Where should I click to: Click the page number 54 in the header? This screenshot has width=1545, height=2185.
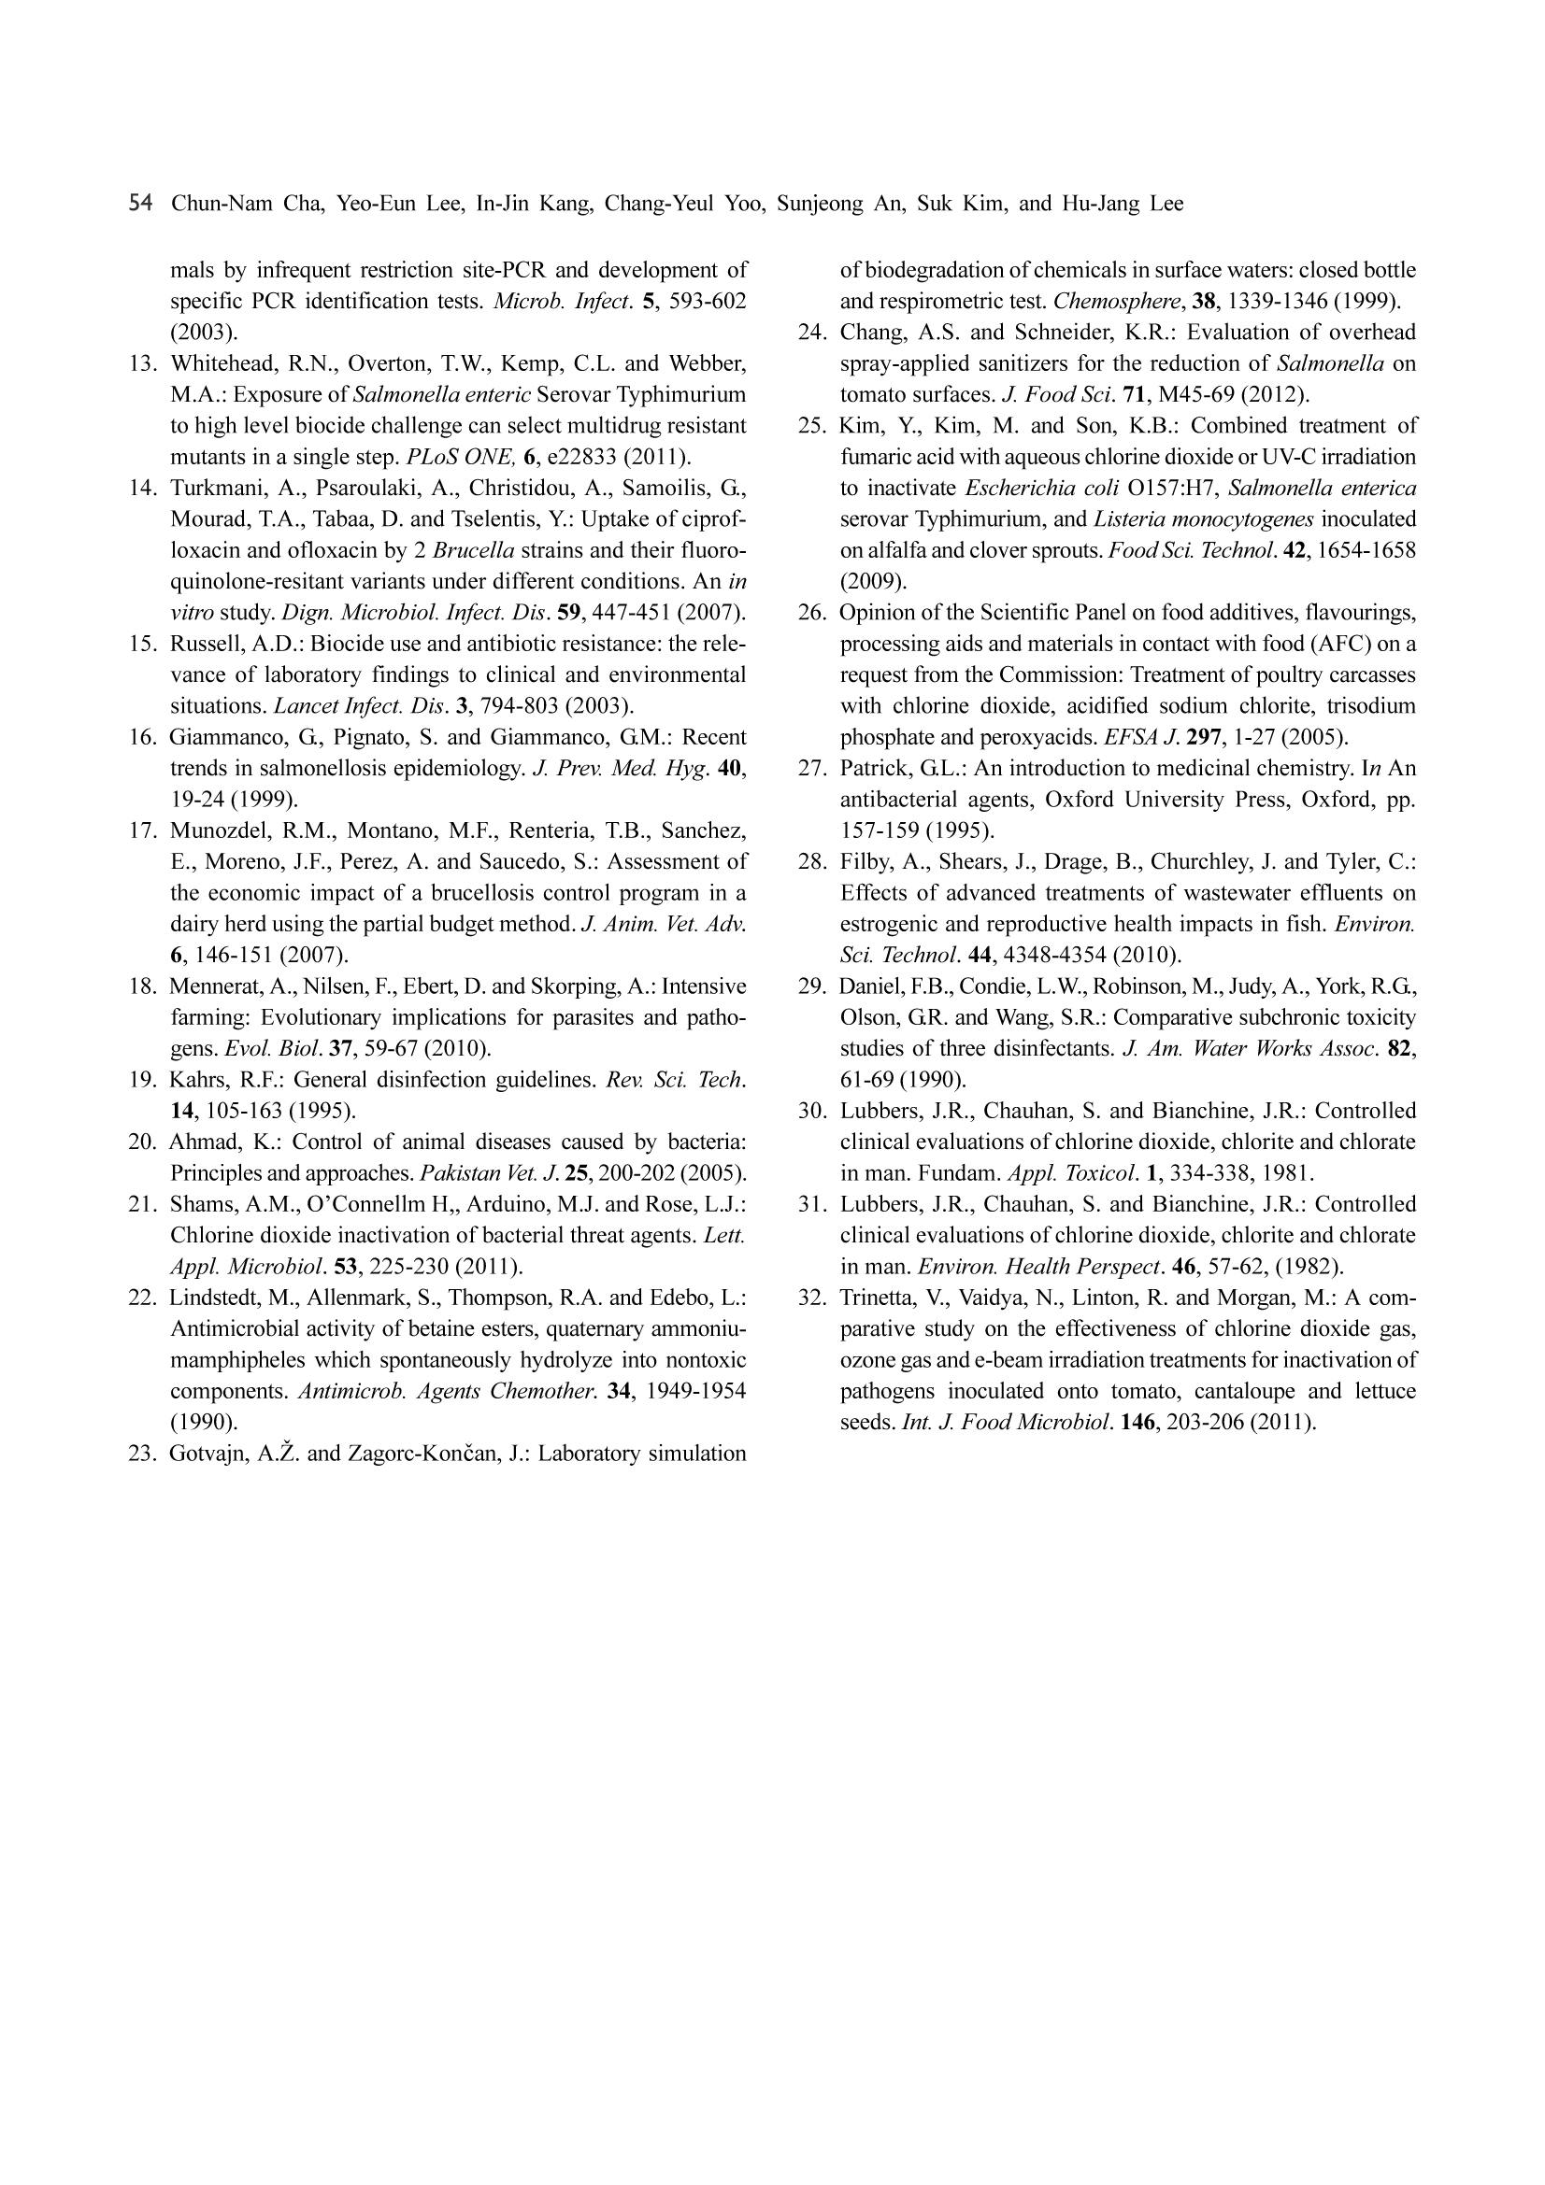(140, 204)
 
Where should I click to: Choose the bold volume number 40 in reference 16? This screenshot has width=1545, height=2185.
(730, 768)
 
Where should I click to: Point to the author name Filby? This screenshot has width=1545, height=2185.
(865, 862)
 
